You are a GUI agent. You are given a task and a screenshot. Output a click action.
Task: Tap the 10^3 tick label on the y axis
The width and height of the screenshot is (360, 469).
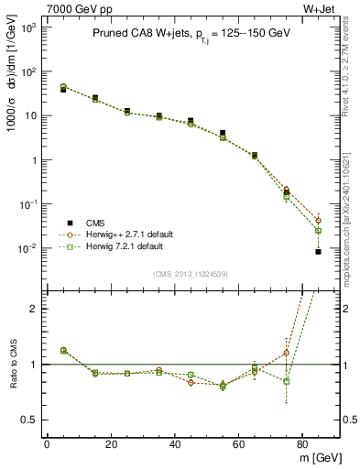point(27,28)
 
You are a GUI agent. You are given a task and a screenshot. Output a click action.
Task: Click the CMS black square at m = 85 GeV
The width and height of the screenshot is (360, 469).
point(318,251)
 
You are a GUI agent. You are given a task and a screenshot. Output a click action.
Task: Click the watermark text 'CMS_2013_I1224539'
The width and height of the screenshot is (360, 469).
point(191,274)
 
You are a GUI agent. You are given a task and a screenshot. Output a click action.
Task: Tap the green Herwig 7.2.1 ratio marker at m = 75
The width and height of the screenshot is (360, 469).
point(286,381)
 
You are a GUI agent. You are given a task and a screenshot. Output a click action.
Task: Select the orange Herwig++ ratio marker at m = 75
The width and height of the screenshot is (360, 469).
point(286,353)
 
